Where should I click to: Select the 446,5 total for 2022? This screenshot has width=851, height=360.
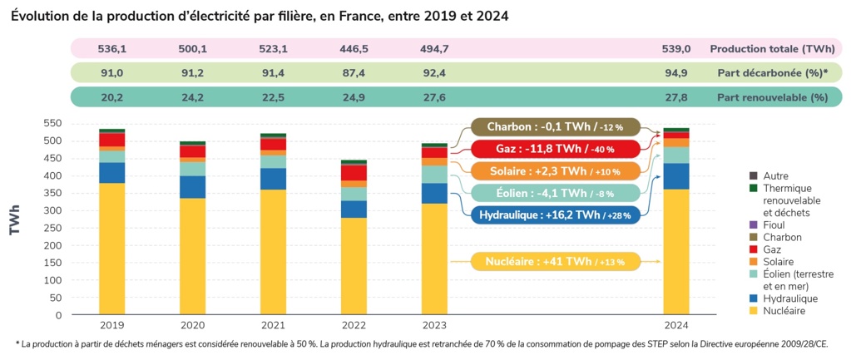[354, 48]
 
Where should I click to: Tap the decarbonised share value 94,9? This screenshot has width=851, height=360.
[676, 72]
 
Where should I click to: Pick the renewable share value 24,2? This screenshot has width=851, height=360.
[192, 97]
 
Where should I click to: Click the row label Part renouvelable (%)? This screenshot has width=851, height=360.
[772, 97]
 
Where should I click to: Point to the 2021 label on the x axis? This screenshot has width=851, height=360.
[273, 326]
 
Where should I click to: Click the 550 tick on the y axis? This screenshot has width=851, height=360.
[52, 123]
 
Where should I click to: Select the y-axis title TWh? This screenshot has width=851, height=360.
[15, 221]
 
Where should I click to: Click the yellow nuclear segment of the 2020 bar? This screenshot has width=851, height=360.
[192, 256]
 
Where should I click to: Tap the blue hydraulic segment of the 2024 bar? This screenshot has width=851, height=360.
[676, 176]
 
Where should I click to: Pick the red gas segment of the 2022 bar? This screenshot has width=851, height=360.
[354, 173]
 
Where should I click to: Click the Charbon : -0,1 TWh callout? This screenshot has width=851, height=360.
[554, 127]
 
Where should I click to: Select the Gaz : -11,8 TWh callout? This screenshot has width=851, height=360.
[554, 149]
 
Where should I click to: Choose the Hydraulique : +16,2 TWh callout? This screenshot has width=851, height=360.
[554, 215]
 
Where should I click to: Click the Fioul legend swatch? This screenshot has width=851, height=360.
[753, 224]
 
